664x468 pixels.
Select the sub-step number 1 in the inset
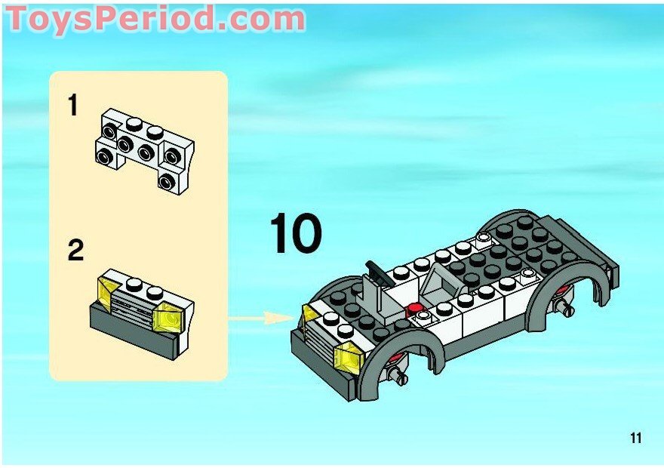pos(73,106)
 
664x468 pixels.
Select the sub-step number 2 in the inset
pos(75,251)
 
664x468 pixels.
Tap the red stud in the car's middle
pos(413,307)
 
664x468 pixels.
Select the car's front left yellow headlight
pos(309,314)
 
